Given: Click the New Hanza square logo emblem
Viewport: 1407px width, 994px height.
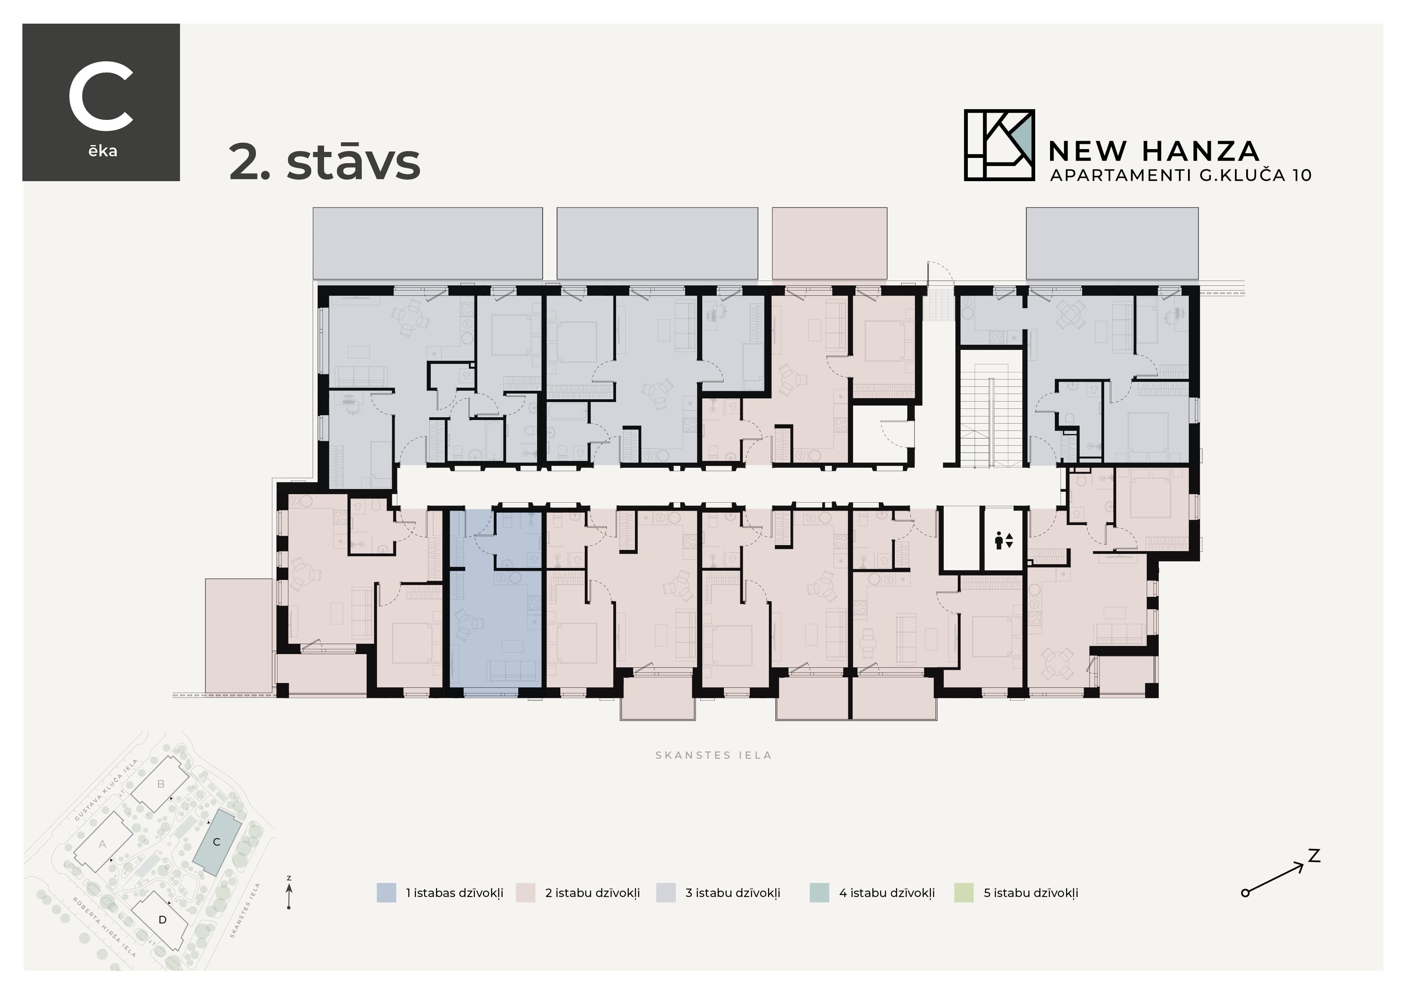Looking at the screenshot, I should pos(999,145).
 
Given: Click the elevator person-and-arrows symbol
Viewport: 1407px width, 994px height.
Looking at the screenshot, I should pos(1004,540).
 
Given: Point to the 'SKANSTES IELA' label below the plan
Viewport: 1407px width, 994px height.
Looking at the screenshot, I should pos(713,755).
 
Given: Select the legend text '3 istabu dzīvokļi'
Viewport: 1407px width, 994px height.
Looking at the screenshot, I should pos(732,893).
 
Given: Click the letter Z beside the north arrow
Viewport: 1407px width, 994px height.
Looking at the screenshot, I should pos(1313,856).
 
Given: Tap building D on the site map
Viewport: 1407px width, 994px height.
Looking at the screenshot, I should pos(162,919).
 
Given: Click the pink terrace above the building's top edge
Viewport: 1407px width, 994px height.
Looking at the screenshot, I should pos(829,243).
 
